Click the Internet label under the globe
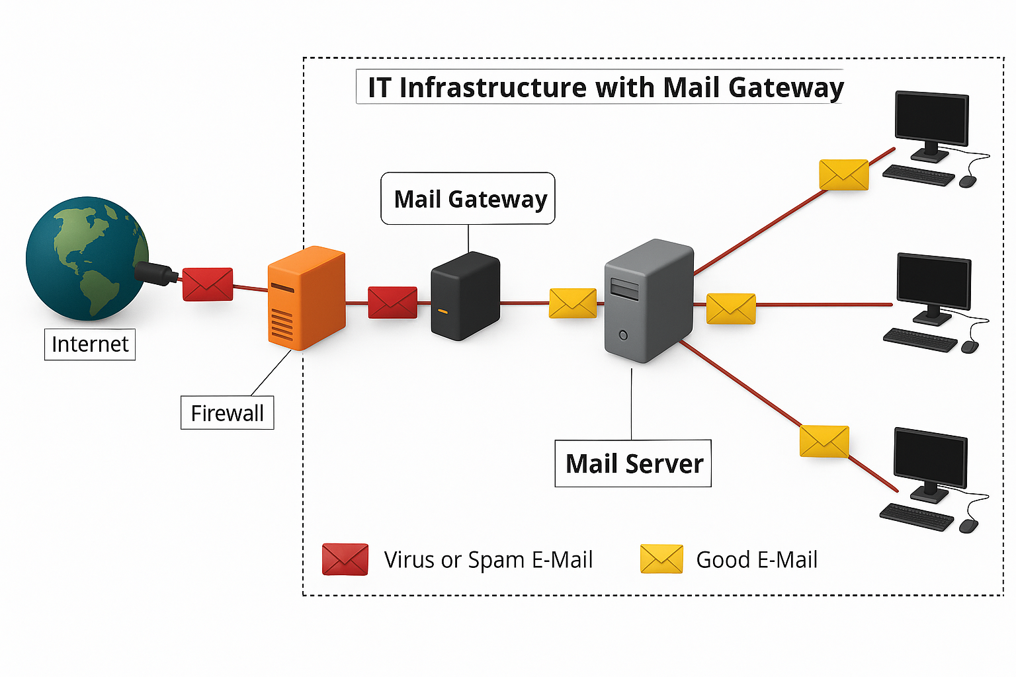90,344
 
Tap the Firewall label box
227,413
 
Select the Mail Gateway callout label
468,199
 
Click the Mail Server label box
633,463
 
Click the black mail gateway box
465,296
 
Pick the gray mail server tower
649,301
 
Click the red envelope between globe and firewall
208,284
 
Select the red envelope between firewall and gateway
393,303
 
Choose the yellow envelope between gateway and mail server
573,303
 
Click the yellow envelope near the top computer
843,175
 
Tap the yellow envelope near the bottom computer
824,442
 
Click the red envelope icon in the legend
345,559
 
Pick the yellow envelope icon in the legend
661,559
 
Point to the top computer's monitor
931,119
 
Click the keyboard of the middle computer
920,340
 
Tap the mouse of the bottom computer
968,526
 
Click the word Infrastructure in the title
493,88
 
